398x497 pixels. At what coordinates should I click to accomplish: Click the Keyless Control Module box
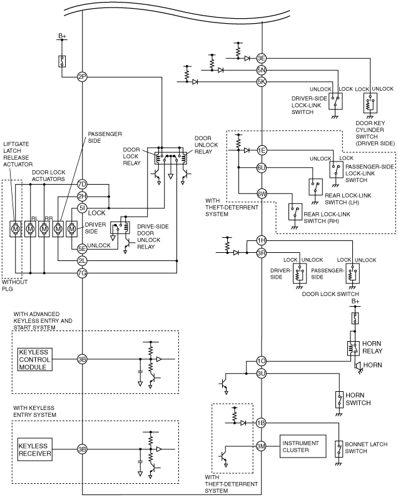35,359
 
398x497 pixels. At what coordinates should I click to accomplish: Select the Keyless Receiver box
34,449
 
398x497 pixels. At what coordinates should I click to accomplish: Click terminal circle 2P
82,77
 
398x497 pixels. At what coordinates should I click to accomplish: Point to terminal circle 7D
82,184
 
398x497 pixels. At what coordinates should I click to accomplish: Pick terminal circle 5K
262,82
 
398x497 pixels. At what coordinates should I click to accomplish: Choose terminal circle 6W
262,193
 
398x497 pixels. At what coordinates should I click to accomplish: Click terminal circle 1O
262,361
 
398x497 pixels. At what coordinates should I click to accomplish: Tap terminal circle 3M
261,446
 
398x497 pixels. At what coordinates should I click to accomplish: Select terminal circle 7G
82,272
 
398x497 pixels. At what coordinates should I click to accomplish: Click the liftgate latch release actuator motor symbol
16,228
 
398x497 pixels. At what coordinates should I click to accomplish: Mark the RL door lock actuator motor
31,228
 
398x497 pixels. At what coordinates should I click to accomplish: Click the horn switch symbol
339,400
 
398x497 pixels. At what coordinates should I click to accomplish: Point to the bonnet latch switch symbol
339,449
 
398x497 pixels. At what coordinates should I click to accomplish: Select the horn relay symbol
354,348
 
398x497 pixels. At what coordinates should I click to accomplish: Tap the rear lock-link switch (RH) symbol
295,212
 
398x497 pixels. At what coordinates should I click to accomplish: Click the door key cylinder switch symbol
370,103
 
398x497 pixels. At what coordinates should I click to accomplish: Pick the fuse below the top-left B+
62,61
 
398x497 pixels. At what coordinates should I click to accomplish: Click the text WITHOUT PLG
15,285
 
